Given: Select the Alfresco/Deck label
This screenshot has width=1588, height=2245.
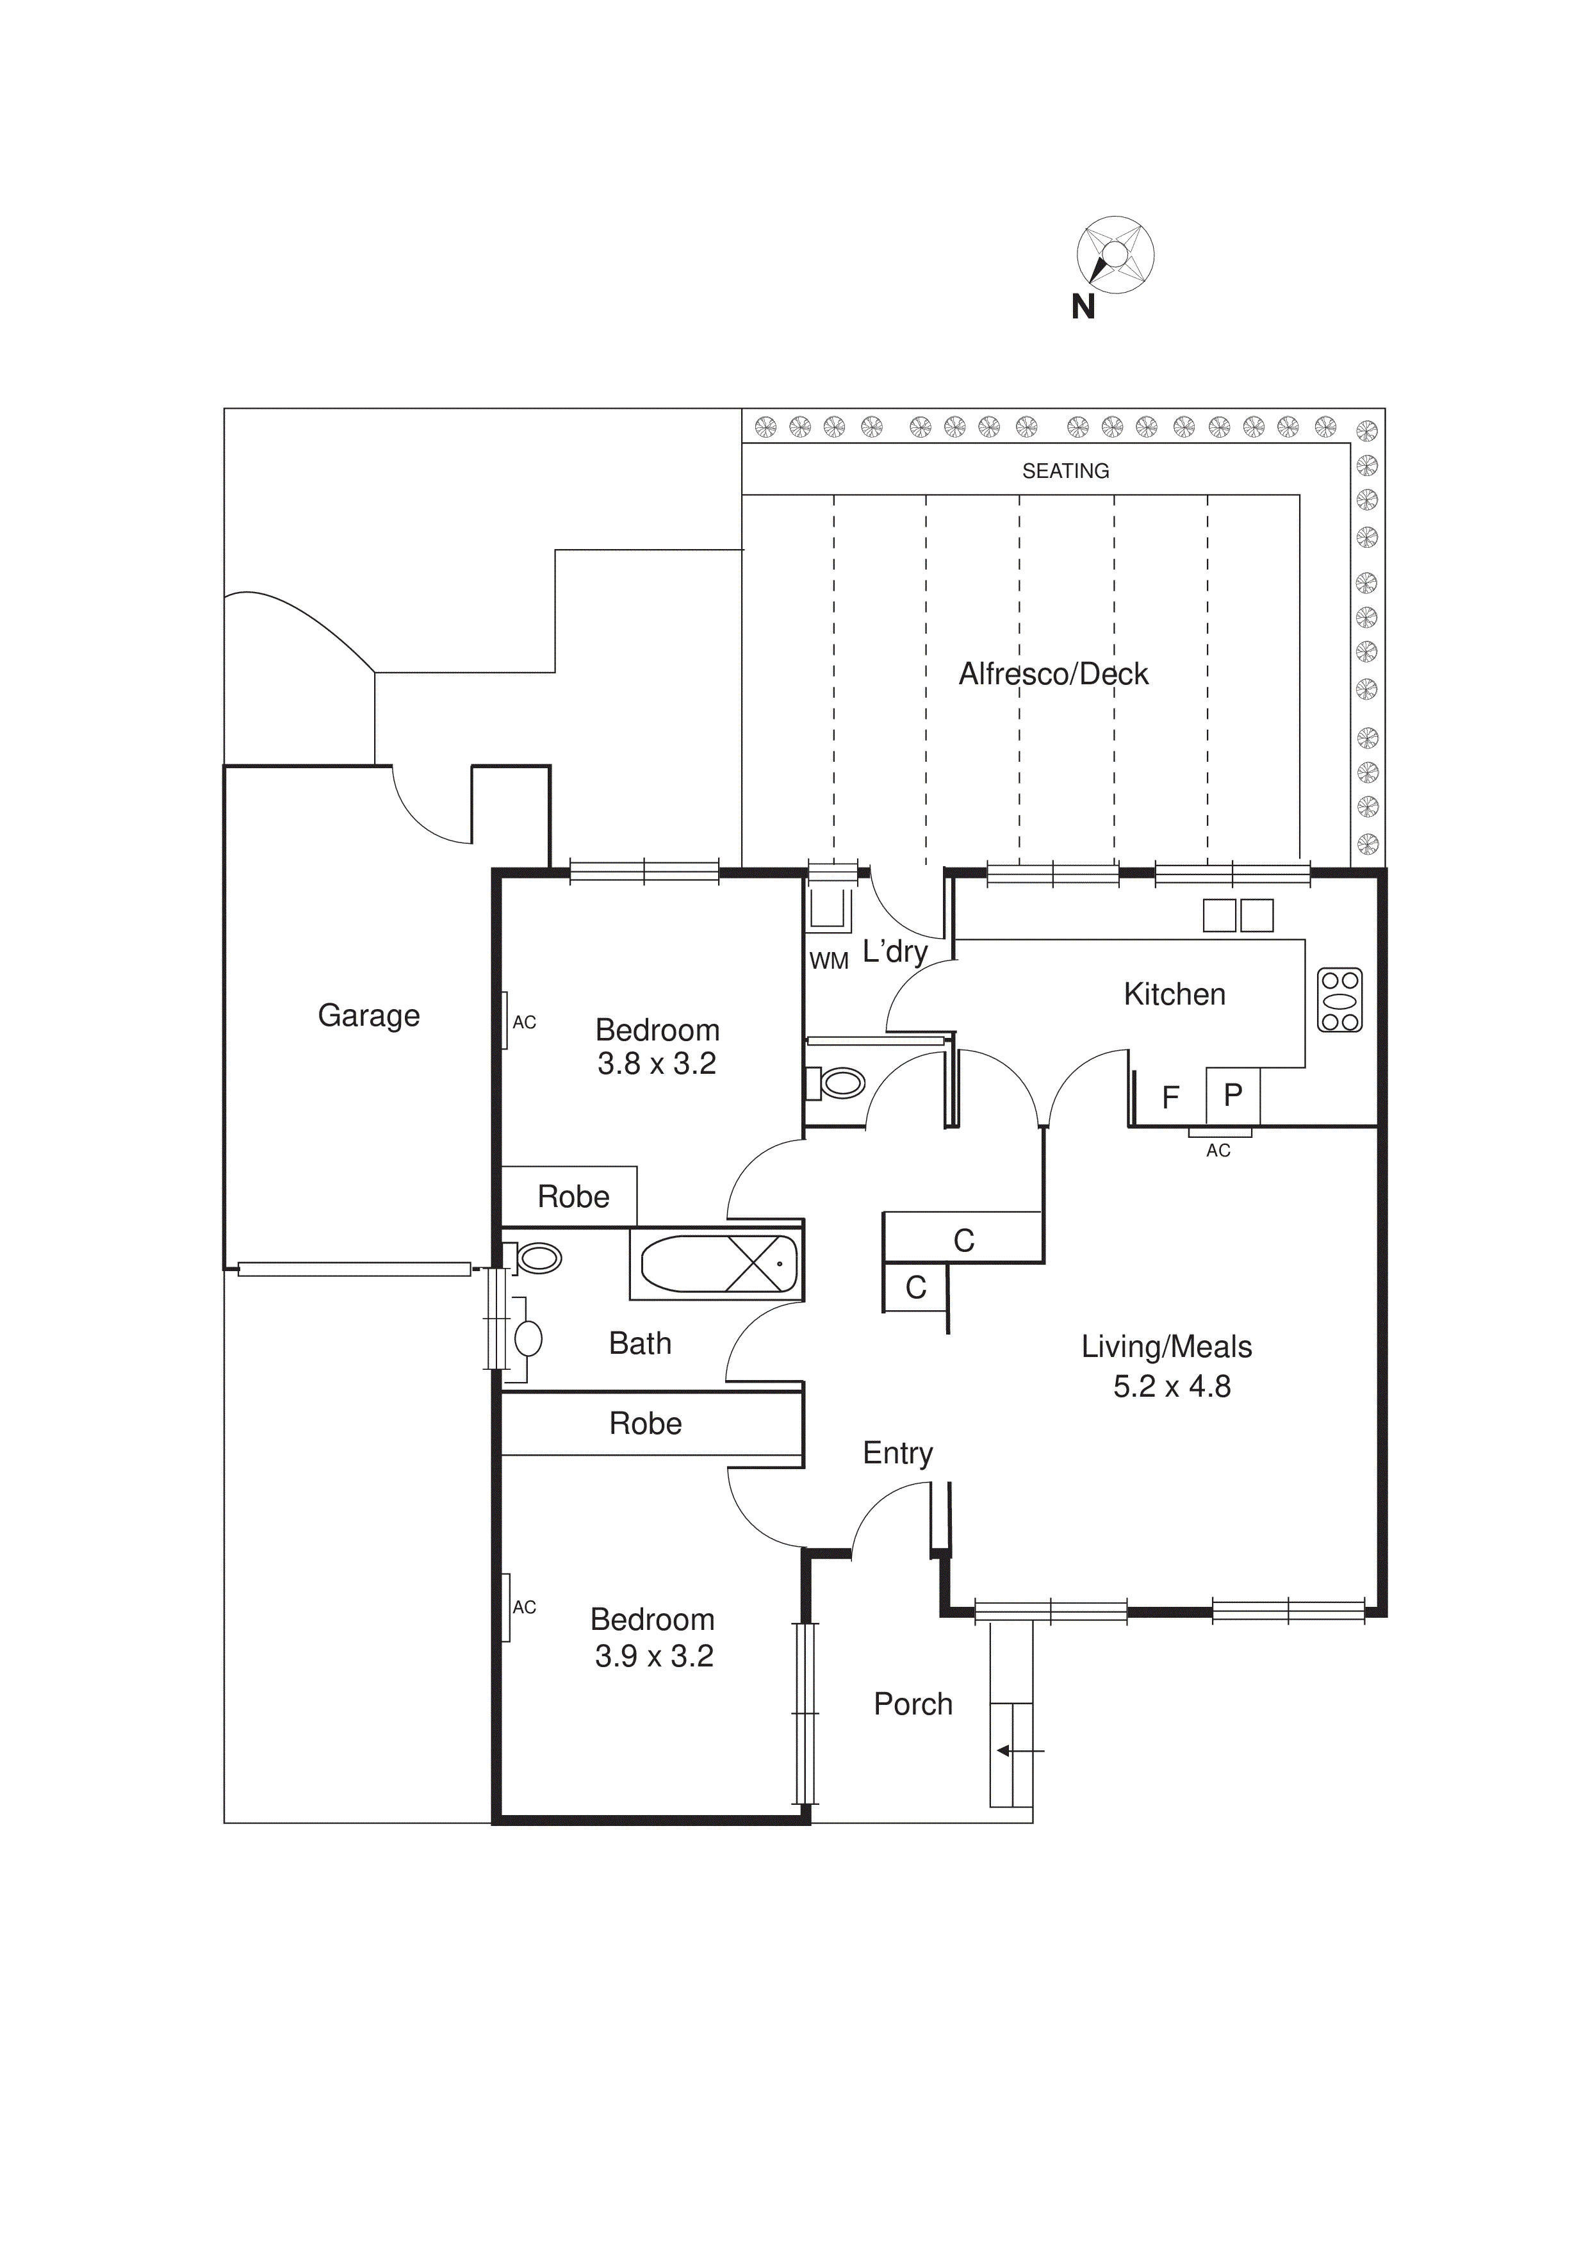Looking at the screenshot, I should pyautogui.click(x=1053, y=674).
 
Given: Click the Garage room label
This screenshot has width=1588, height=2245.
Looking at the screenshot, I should pyautogui.click(x=368, y=1016).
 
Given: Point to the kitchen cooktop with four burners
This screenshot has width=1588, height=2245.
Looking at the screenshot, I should pyautogui.click(x=1339, y=1000).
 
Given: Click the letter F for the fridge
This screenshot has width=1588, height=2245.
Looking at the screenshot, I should pyautogui.click(x=1170, y=1098).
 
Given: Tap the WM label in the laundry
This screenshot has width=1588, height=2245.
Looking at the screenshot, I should pyautogui.click(x=828, y=961).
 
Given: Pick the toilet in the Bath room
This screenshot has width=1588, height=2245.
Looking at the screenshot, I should pyautogui.click(x=535, y=1258).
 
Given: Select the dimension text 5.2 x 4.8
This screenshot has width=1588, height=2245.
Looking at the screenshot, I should pyautogui.click(x=1172, y=1386).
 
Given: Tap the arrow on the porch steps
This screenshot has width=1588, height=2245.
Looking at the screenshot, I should pyautogui.click(x=1017, y=1750).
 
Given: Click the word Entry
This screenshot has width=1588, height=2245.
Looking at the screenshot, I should pyautogui.click(x=897, y=1453).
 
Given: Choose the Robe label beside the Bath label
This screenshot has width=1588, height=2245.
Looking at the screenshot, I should pyautogui.click(x=645, y=1424).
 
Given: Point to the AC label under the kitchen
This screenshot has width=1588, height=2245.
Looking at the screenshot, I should pyautogui.click(x=1217, y=1151).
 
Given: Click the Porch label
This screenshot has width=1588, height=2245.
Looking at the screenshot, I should pyautogui.click(x=912, y=1704).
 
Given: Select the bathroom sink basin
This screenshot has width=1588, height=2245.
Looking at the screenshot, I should pyautogui.click(x=528, y=1338).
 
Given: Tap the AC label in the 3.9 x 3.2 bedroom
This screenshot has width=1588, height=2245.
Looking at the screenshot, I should pyautogui.click(x=524, y=1608).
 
